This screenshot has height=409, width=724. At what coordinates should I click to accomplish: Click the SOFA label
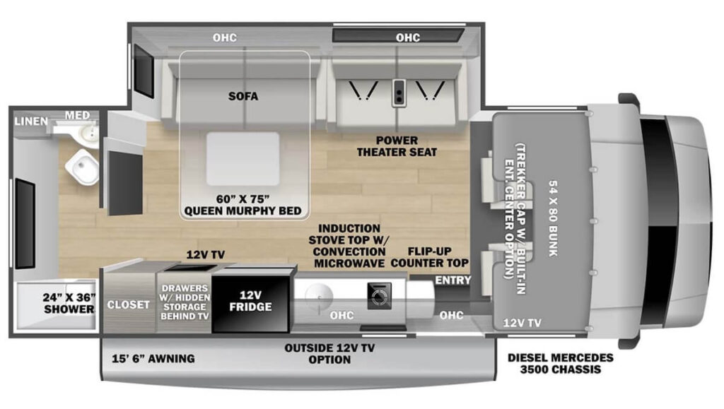[x=243, y=97]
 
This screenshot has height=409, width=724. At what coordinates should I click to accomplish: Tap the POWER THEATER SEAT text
[x=396, y=146]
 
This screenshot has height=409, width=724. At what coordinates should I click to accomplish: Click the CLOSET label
[x=128, y=305]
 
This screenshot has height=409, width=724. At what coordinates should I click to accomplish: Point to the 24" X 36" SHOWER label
[x=69, y=302]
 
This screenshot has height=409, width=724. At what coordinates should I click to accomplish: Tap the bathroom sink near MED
[x=88, y=132]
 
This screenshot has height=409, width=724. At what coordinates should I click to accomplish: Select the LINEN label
[x=31, y=121]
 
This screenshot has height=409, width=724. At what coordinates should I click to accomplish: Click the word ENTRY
[x=452, y=281]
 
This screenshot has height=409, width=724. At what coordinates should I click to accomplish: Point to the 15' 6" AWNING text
[x=153, y=359]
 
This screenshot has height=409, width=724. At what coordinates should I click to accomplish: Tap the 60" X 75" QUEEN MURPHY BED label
[x=243, y=204]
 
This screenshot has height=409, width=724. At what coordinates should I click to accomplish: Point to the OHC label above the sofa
[x=225, y=37]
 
